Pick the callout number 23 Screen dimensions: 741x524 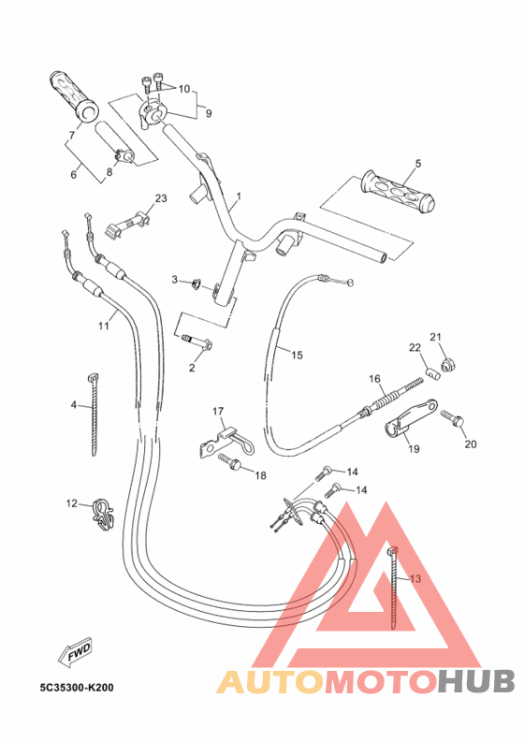160,198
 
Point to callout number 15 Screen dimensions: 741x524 298,355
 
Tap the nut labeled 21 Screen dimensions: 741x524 447,362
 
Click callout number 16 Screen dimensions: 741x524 374,379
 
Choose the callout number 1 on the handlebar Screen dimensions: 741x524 239,197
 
